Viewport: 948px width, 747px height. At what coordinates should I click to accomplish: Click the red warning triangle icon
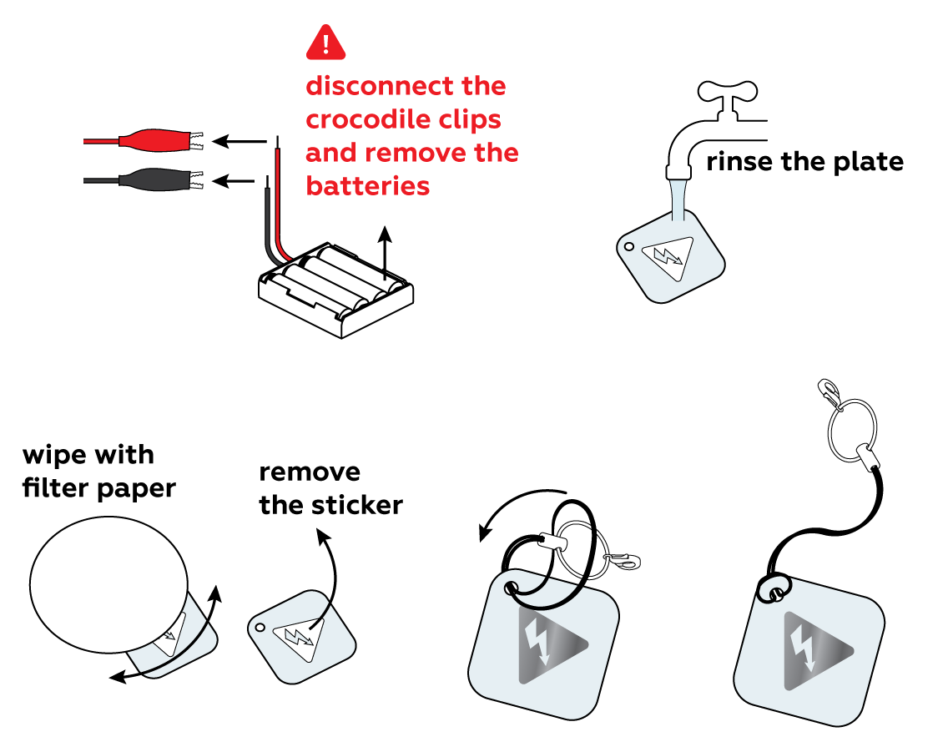325,43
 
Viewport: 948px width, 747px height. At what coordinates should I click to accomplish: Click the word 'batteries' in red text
368,185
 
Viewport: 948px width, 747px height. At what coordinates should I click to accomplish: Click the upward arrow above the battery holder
385,250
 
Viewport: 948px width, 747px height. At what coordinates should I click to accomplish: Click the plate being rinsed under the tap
672,257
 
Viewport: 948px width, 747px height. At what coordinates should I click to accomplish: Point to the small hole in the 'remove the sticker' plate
260,627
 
